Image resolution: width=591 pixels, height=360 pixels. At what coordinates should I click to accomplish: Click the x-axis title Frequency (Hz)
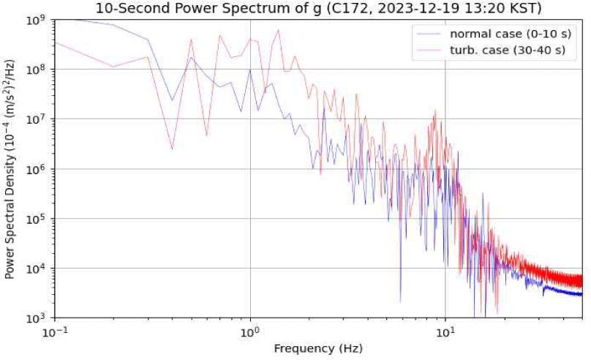[x=318, y=348]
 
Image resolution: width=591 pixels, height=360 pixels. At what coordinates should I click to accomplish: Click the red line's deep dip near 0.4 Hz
[x=172, y=149]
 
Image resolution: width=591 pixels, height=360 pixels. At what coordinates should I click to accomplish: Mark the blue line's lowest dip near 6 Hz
[x=400, y=301]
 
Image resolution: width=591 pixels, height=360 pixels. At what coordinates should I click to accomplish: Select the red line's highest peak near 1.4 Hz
[x=279, y=30]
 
